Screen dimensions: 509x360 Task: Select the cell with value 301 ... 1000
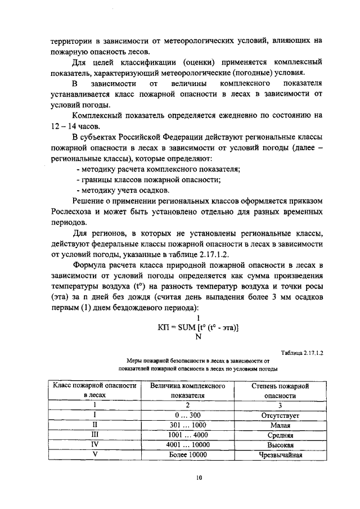[x=187, y=425]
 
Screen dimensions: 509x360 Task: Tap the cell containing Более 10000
[x=187, y=454]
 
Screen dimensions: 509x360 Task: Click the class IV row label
[x=94, y=444]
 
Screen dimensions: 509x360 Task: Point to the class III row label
[x=94, y=435]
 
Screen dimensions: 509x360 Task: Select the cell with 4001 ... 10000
[x=187, y=444]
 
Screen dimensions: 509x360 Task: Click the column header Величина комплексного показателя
[x=187, y=391]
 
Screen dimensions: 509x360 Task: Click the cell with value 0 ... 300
[x=187, y=416]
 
